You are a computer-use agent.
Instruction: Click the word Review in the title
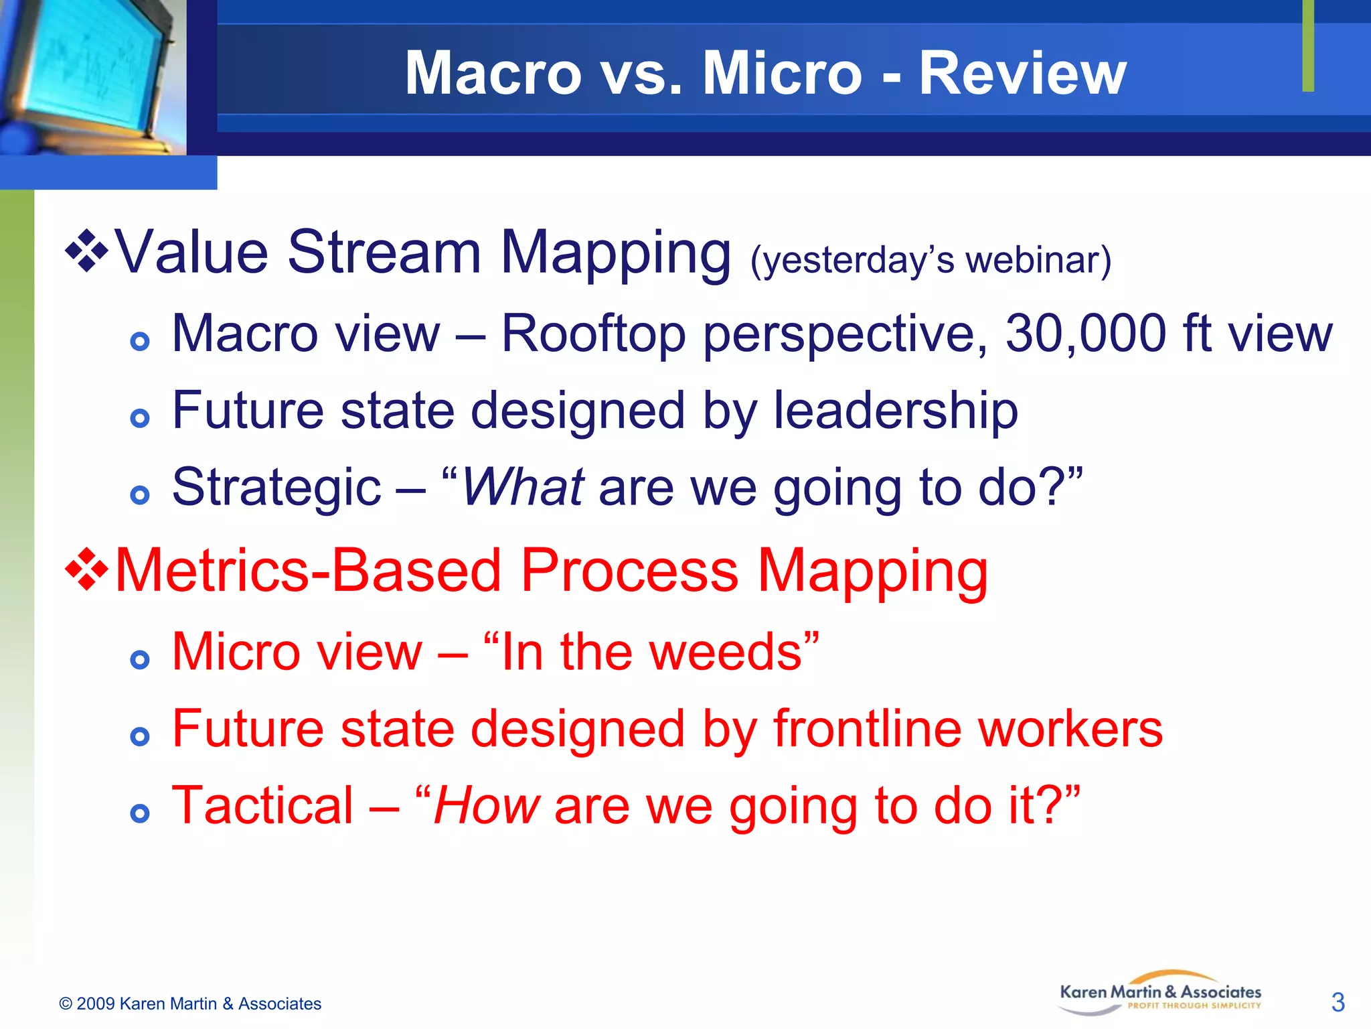coord(1022,74)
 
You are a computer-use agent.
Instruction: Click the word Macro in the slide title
coord(493,74)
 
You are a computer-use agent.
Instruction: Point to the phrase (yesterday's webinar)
coord(931,260)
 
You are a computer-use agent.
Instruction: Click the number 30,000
coord(1086,333)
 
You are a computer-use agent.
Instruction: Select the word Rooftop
coord(593,333)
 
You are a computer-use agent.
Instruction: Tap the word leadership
coord(896,410)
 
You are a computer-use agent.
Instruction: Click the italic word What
coord(523,487)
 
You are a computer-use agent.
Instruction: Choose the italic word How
coord(486,805)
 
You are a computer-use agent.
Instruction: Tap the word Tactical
coord(262,805)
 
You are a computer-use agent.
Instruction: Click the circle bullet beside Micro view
coord(139,660)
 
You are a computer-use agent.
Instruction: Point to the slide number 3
coord(1338,1002)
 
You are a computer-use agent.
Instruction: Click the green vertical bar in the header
coord(1308,46)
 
